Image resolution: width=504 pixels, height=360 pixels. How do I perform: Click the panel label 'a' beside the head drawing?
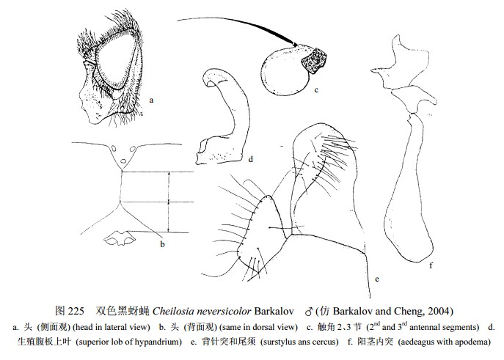(x=151, y=100)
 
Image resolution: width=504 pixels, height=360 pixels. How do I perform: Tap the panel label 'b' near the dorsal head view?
(x=162, y=244)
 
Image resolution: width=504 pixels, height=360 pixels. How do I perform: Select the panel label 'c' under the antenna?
(x=316, y=90)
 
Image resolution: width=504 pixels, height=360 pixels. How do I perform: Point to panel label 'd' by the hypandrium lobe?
(x=251, y=158)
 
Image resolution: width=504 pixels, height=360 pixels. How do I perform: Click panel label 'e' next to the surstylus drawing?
(x=377, y=279)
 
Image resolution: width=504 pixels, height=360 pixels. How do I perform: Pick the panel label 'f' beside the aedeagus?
(x=431, y=265)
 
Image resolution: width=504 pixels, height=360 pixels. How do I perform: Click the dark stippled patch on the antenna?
(x=314, y=60)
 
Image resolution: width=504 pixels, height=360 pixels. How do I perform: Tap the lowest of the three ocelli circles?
(x=123, y=161)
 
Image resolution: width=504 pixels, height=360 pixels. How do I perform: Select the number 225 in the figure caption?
(x=76, y=311)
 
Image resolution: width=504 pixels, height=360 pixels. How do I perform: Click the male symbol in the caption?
(x=309, y=311)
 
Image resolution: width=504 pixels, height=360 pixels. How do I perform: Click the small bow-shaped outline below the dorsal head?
(x=120, y=238)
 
